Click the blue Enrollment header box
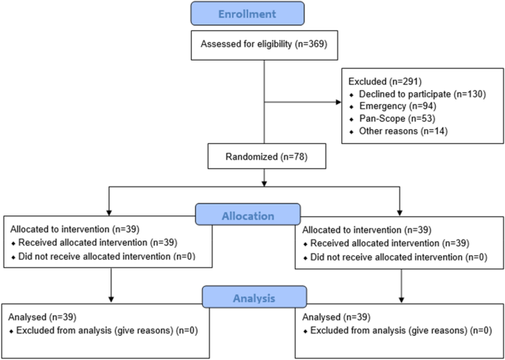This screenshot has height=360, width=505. [246, 13]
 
